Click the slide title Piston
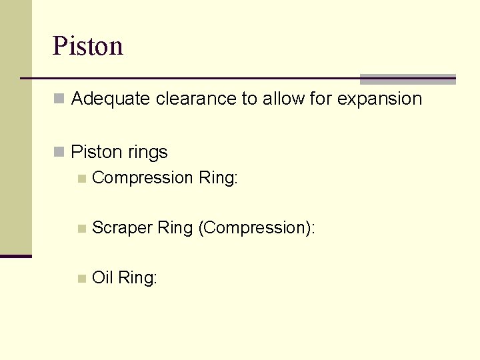click(x=88, y=47)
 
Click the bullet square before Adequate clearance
click(x=59, y=99)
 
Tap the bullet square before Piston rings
click(x=59, y=153)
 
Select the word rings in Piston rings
click(x=148, y=153)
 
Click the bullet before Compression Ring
click(x=81, y=178)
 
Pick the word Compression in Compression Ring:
click(x=142, y=178)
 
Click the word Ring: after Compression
click(x=217, y=178)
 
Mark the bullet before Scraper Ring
click(x=81, y=228)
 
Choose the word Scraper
click(x=122, y=228)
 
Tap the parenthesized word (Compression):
click(x=257, y=228)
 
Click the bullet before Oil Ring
click(x=81, y=278)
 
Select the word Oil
click(x=102, y=278)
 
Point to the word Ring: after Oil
click(x=137, y=278)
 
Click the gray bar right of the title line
click(x=407, y=79)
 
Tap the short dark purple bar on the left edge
click(x=15, y=256)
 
